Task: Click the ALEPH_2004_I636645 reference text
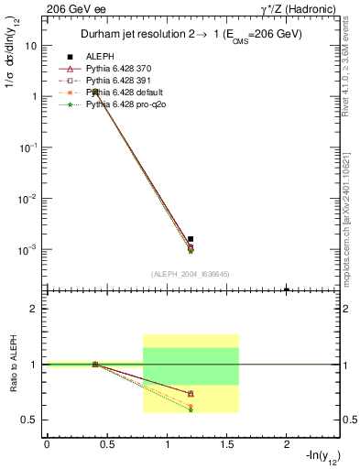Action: (190, 274)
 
